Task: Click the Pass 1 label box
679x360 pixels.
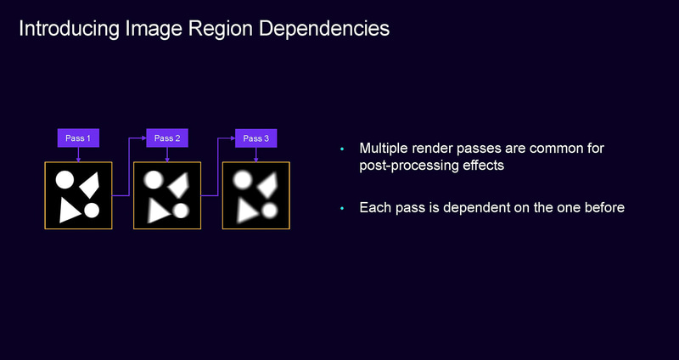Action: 78,138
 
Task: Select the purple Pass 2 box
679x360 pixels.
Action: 167,138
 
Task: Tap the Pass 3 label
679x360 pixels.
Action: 256,138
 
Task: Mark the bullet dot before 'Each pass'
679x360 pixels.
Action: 342,208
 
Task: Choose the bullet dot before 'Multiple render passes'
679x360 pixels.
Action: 342,149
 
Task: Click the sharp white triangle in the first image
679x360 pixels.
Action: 70,210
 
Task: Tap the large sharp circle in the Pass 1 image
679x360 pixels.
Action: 65,179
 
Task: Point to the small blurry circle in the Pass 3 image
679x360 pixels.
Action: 270,210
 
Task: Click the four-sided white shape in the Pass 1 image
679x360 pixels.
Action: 91,182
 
